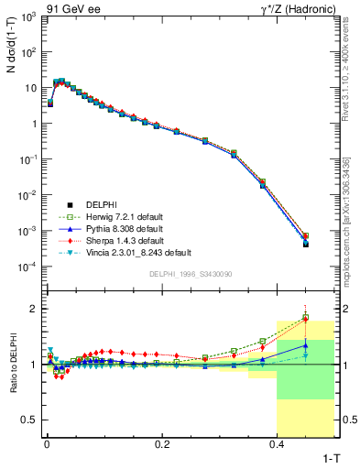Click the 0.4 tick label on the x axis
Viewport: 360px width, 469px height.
(278, 442)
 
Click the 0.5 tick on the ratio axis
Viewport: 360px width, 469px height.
(27, 420)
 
